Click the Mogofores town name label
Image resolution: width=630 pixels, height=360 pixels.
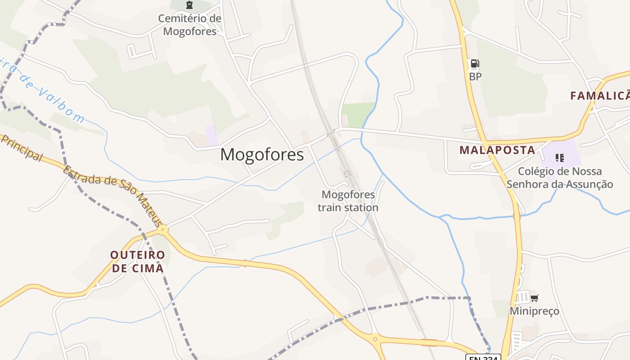click(262, 155)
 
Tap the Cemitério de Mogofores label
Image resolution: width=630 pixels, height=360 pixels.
click(189, 25)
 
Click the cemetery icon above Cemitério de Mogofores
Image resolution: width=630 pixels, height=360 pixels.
click(189, 5)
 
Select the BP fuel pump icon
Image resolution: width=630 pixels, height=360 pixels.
click(475, 63)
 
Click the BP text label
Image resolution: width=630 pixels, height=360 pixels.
click(475, 76)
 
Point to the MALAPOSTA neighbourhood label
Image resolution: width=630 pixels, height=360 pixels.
click(497, 150)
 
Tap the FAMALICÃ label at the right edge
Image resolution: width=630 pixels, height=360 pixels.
click(600, 96)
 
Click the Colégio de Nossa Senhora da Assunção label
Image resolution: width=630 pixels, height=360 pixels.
click(560, 178)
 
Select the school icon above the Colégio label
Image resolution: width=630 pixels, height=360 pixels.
click(559, 157)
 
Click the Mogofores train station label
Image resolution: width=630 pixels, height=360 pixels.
click(348, 201)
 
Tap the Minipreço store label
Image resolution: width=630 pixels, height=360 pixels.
click(534, 311)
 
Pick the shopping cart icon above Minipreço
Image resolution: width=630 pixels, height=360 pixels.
click(534, 297)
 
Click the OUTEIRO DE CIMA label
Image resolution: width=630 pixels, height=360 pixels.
click(138, 261)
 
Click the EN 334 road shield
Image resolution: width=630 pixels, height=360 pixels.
click(483, 357)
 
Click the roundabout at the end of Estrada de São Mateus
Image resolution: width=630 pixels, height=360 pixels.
click(163, 229)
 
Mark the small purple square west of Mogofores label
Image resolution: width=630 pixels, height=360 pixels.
click(211, 135)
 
